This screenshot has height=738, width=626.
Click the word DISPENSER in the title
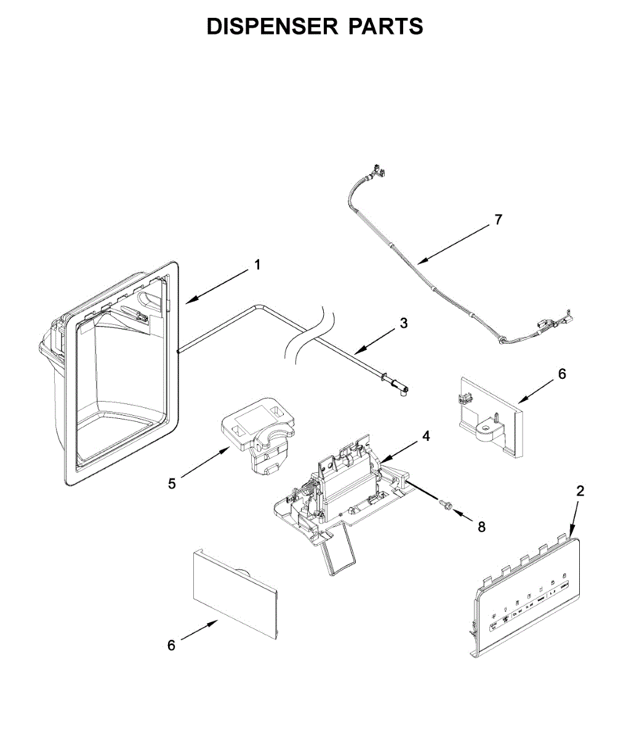click(271, 26)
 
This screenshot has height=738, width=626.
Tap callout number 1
click(257, 265)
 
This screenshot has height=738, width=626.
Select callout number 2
click(580, 491)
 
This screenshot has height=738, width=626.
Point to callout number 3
click(403, 322)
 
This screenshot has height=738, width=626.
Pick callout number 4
click(426, 435)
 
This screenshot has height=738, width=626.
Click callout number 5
click(172, 484)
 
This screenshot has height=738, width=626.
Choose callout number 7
click(498, 220)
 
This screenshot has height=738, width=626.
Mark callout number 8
click(481, 527)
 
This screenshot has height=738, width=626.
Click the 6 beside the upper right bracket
click(561, 373)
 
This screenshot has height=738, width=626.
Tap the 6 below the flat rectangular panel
click(172, 645)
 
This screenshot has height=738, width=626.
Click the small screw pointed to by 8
click(446, 504)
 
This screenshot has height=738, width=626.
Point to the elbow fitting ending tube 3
click(400, 389)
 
